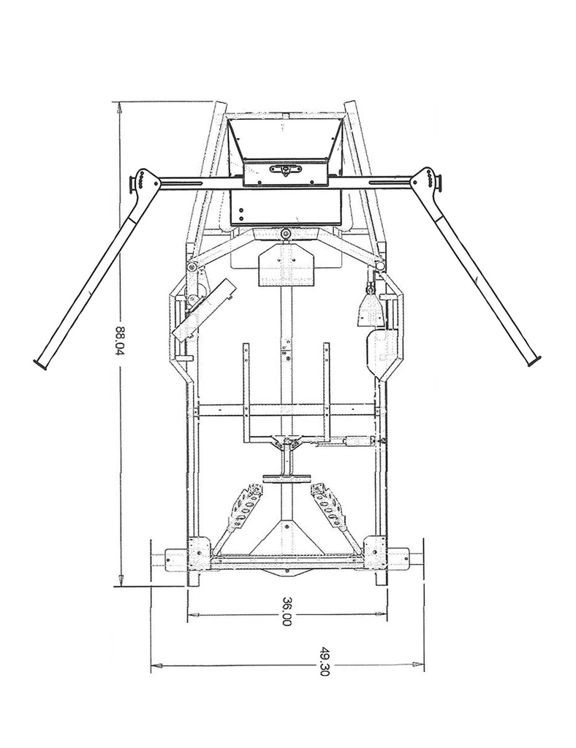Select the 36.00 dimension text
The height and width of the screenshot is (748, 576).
pos(287,610)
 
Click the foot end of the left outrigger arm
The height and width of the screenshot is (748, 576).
pos(41,362)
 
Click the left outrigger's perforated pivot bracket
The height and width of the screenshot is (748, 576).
pos(142,181)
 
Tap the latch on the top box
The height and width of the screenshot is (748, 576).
pos(285,169)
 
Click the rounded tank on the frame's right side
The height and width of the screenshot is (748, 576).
pos(382,354)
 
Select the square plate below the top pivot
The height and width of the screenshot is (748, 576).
pos(285,264)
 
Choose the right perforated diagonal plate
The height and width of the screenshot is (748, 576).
pos(328,505)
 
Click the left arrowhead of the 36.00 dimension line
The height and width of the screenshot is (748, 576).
pos(192,615)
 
